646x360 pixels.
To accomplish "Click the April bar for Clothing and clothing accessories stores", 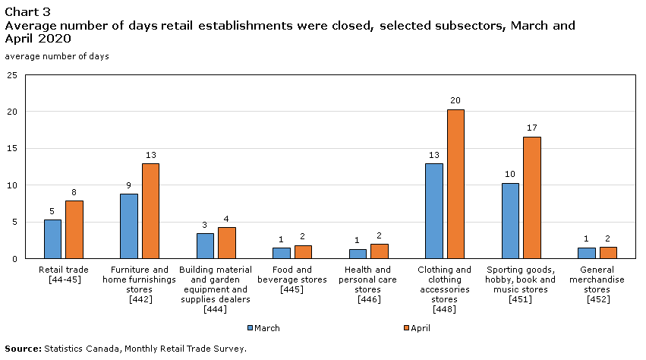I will click(455, 184).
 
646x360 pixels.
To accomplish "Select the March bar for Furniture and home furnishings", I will click(129, 226).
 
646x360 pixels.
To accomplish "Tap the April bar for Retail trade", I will click(74, 229).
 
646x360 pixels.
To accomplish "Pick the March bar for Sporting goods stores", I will click(510, 221).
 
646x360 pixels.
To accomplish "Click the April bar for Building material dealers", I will click(227, 243).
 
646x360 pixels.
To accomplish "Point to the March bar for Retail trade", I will click(52, 239).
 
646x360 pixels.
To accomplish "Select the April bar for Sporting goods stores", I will click(532, 197).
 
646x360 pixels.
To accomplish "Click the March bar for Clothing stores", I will click(434, 211).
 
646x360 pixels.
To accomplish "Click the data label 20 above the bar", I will click(455, 101).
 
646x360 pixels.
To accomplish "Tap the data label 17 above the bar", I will click(532, 128).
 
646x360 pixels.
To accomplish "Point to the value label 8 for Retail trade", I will click(74, 192).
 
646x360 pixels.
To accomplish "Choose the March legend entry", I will click(263, 328).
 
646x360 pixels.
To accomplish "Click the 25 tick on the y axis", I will click(11, 75).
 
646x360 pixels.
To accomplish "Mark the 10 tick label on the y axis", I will click(11, 185).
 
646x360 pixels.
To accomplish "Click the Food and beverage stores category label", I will click(292, 279).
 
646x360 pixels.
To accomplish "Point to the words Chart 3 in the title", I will click(24, 11).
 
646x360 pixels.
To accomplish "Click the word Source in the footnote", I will click(21, 349).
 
